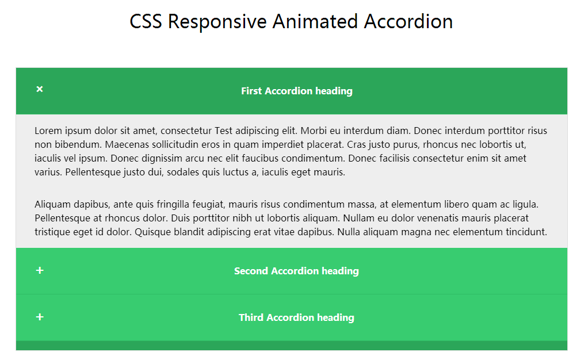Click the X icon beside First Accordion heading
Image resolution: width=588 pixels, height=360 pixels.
point(39,89)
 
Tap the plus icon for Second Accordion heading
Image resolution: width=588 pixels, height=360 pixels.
point(40,270)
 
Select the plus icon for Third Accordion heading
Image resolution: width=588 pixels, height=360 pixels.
point(40,317)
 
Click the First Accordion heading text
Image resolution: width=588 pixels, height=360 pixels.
point(297,91)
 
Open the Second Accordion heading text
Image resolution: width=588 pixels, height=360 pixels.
point(296,271)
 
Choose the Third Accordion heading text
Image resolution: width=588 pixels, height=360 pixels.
point(296,317)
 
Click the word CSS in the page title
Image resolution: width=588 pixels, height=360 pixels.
point(146,21)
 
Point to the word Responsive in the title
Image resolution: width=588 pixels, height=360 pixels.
point(217,22)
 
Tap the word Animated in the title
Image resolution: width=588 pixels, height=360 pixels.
point(315,21)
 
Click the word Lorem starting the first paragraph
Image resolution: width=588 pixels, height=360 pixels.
point(48,131)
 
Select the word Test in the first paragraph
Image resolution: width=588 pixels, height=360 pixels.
point(223,131)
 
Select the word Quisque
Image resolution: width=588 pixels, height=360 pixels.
point(151,232)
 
